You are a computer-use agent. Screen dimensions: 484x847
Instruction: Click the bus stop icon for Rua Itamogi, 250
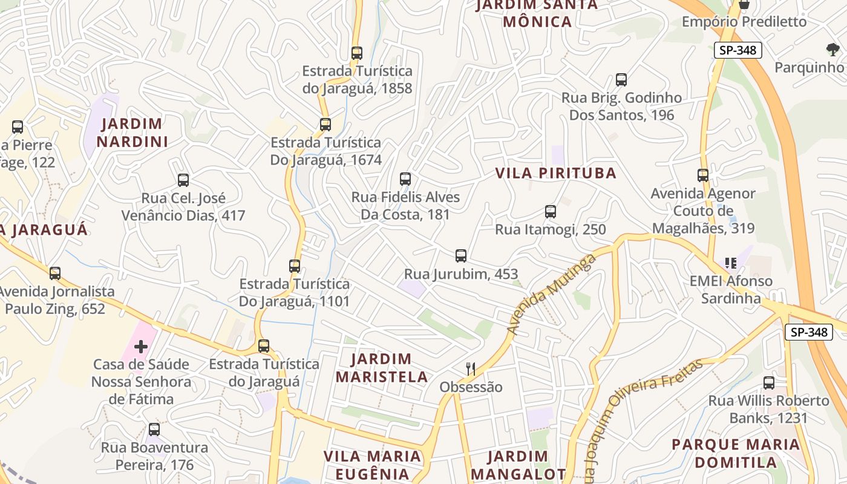(x=550, y=211)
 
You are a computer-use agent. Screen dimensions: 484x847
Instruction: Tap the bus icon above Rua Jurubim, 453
(x=461, y=255)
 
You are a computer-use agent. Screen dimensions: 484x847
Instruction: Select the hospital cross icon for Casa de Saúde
(x=141, y=347)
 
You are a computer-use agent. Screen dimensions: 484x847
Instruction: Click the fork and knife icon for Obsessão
(x=470, y=368)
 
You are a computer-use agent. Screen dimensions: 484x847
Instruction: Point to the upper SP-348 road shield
(x=737, y=50)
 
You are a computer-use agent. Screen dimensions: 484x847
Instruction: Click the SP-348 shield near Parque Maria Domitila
(x=809, y=332)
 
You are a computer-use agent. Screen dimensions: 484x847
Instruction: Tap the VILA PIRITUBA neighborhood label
(x=556, y=173)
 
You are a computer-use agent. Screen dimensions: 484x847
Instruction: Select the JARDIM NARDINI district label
(x=132, y=133)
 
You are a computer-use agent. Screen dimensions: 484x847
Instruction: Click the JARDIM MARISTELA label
(x=382, y=368)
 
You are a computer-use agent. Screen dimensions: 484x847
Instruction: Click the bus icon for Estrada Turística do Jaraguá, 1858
(x=357, y=53)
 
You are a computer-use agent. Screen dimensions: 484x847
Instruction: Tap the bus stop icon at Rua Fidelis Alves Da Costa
(x=405, y=178)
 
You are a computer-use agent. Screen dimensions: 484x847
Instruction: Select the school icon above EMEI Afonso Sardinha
(x=731, y=263)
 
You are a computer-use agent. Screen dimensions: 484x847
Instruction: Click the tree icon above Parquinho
(x=832, y=49)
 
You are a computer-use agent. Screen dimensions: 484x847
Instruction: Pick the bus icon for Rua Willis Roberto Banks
(x=768, y=382)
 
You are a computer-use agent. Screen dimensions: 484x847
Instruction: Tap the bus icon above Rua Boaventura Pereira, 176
(x=154, y=430)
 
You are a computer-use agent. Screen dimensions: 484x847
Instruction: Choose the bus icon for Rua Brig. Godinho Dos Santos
(x=621, y=79)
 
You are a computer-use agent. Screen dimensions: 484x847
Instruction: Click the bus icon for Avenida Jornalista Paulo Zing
(x=55, y=273)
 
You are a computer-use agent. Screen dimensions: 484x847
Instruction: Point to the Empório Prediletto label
(x=744, y=22)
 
